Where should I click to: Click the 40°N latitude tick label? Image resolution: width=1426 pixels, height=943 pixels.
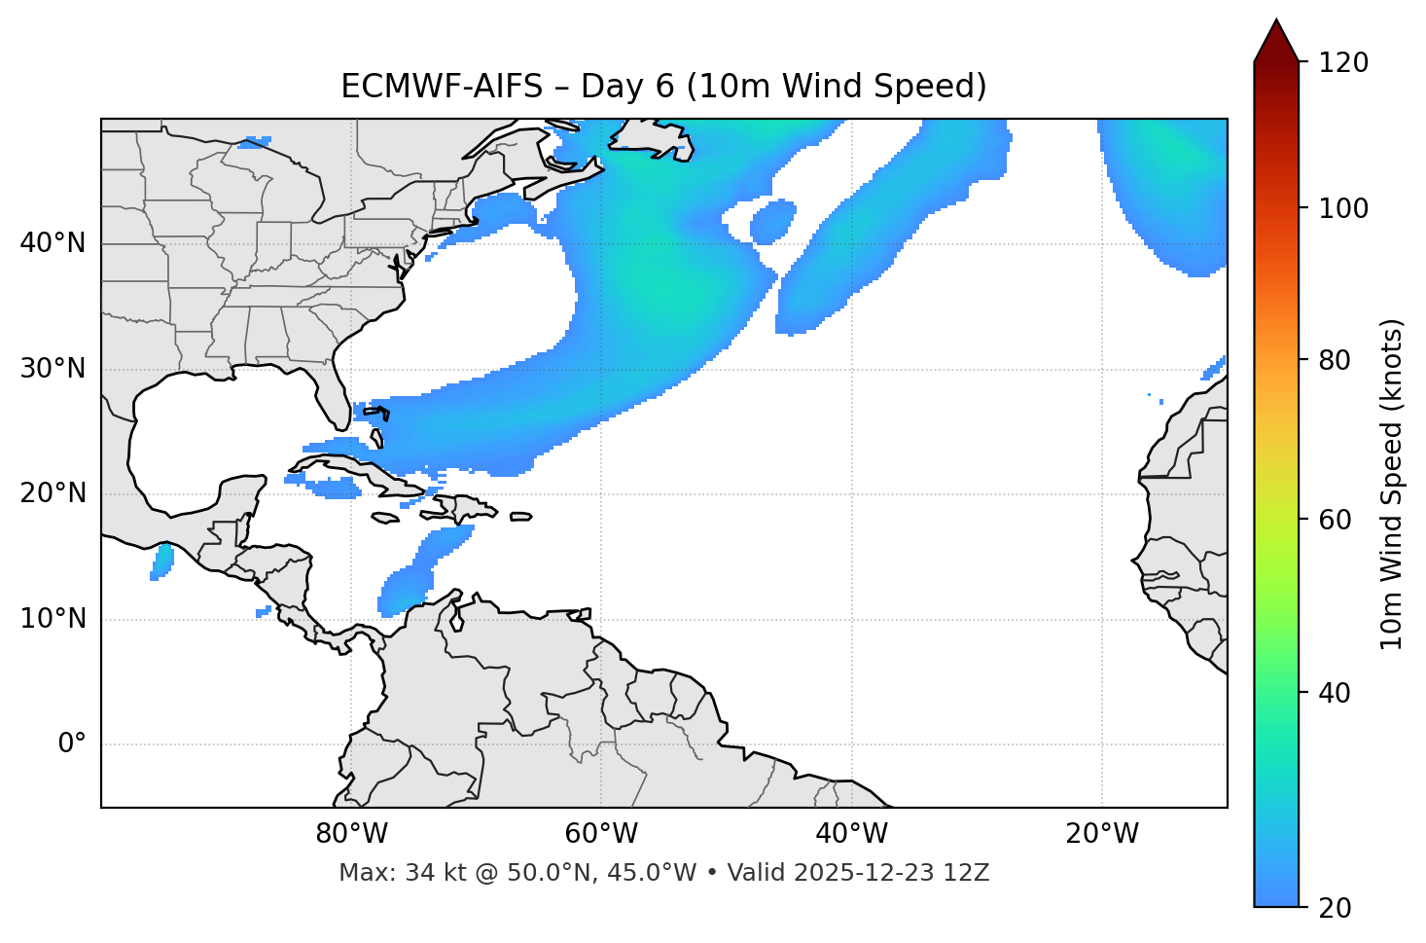[53, 243]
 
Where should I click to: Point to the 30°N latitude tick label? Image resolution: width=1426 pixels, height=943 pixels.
[53, 369]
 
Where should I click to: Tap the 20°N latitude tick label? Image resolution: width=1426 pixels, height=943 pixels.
[53, 494]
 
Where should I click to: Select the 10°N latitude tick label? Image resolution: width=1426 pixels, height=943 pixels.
[53, 619]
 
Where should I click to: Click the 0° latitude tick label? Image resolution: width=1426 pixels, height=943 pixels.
[72, 744]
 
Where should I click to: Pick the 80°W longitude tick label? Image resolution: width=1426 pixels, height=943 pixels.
[351, 834]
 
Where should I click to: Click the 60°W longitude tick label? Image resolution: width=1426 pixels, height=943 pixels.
[601, 834]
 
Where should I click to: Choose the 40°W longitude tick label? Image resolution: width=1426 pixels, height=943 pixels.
[851, 834]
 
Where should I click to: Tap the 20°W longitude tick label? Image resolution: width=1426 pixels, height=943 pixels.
[1102, 834]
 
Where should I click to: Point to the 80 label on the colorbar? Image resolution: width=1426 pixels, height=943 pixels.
[1338, 360]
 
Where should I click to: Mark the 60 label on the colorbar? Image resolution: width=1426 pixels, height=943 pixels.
[1338, 520]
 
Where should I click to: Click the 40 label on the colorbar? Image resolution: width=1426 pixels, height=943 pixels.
[1338, 693]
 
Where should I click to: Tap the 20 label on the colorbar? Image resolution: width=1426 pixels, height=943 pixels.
[1338, 908]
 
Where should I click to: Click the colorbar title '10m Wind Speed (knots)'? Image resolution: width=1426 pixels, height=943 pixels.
[1393, 484]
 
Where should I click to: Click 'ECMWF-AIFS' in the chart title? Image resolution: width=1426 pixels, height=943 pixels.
[442, 87]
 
